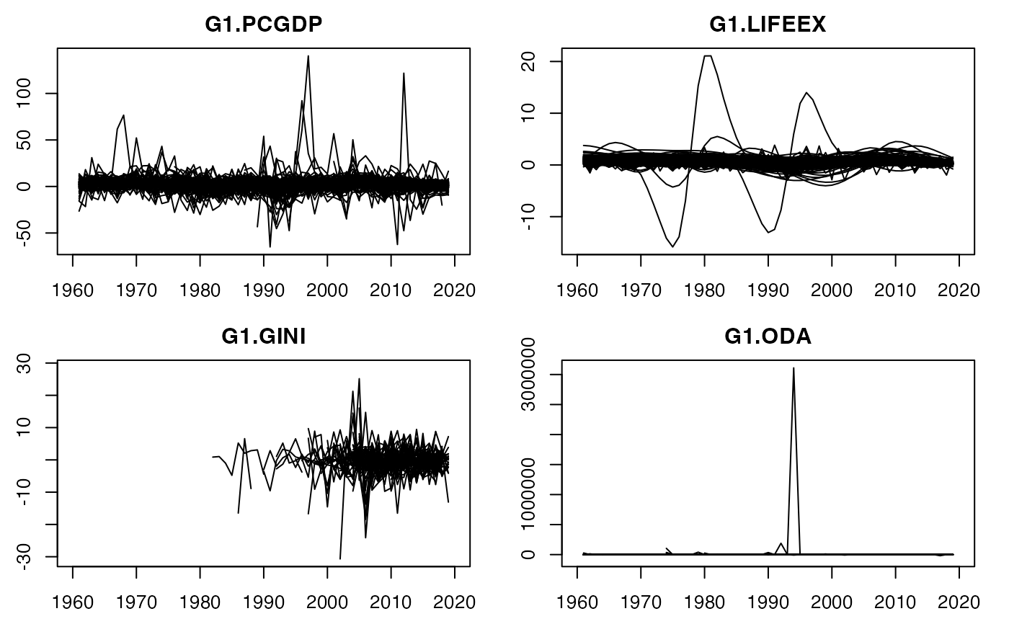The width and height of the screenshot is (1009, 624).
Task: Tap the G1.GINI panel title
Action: (263, 336)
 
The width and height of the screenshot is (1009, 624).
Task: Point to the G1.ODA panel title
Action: (768, 336)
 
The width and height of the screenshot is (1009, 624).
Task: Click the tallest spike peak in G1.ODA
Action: (794, 368)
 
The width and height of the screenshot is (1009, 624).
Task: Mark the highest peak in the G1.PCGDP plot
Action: (308, 55)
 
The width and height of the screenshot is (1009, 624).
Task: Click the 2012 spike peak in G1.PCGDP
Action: (404, 73)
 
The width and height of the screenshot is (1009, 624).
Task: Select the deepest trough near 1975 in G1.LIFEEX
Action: (673, 247)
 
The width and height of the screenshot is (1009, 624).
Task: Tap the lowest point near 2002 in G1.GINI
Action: (340, 558)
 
